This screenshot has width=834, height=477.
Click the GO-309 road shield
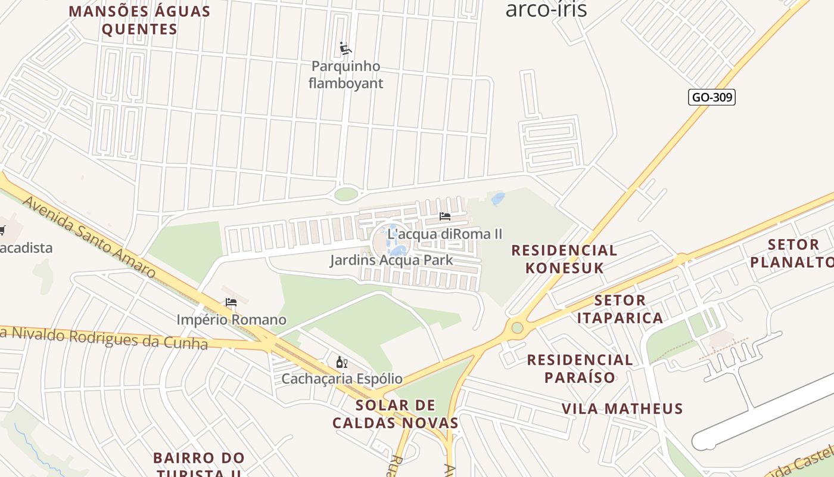711,97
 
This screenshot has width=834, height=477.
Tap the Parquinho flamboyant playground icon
345,48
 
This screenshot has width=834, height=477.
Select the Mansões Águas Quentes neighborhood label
139,20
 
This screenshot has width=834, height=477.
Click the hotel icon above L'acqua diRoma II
444,216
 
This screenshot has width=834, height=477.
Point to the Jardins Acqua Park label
391,261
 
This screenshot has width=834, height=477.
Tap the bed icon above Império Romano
231,303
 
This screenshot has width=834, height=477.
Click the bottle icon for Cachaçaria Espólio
341,362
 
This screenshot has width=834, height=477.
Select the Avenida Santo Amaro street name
89,237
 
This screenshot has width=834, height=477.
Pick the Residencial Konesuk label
564,259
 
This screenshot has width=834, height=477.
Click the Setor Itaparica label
620,309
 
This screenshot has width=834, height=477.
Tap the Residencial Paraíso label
580,368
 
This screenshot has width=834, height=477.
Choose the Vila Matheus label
622,408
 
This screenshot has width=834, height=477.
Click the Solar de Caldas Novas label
395,414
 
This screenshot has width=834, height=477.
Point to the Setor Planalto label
792,253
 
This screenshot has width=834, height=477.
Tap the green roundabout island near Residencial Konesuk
517,327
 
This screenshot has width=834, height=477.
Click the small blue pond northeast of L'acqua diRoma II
498,199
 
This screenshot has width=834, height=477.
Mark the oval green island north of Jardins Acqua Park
346,194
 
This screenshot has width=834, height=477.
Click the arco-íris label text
546,10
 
